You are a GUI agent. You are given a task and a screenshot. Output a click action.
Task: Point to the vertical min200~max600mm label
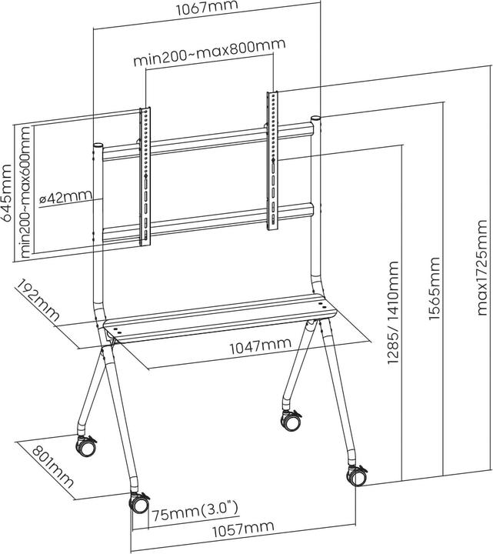(27, 192)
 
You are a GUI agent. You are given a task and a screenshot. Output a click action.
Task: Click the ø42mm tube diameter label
(68, 197)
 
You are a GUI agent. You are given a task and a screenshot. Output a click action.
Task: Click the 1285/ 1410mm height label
(393, 327)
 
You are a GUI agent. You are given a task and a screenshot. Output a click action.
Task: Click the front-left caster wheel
(139, 504)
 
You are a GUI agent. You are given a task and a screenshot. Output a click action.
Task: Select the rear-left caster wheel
(86, 446)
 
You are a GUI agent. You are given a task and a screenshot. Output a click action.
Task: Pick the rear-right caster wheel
(291, 420)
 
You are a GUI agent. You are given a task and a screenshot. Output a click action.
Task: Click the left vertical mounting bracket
(145, 177)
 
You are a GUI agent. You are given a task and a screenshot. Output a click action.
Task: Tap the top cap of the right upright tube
(316, 120)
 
